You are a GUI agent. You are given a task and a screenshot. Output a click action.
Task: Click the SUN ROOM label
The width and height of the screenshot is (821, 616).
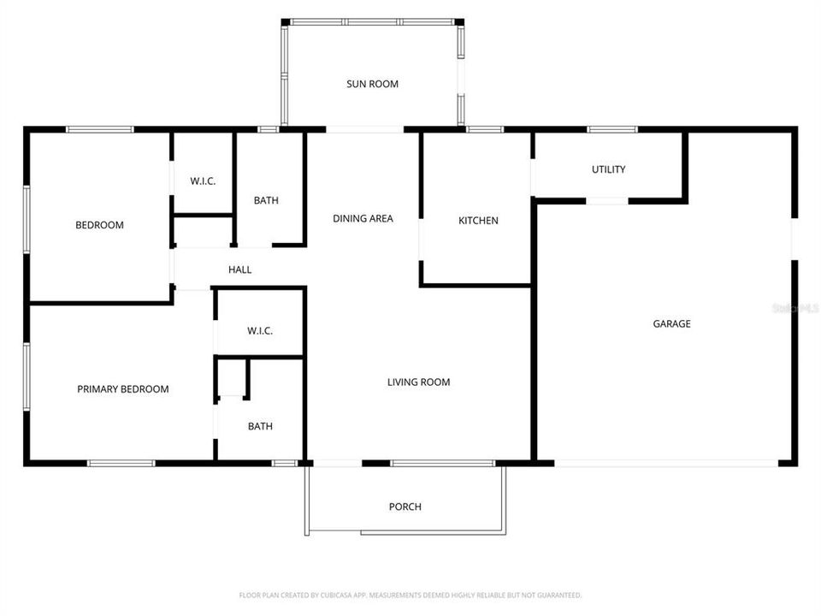[372, 84]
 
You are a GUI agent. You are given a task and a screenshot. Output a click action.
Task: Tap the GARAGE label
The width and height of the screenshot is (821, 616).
[671, 323]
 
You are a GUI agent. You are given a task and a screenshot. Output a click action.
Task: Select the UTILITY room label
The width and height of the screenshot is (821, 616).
[608, 169]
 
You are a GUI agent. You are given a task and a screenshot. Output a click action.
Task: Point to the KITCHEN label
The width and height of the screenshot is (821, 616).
[478, 221]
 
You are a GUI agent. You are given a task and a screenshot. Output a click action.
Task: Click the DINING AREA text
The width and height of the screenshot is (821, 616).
[363, 218]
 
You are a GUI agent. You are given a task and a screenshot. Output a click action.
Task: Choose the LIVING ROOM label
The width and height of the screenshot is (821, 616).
[418, 382]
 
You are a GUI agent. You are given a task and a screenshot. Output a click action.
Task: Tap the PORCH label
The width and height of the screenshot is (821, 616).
[405, 506]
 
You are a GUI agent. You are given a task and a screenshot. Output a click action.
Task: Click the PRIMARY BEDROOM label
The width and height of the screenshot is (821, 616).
[122, 388]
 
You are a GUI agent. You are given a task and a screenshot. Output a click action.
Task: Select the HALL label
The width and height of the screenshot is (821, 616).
[239, 269]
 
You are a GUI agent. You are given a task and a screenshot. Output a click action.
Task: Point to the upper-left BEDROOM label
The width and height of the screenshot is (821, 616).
[99, 225]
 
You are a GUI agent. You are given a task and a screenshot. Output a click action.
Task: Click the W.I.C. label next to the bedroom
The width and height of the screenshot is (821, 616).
[203, 181]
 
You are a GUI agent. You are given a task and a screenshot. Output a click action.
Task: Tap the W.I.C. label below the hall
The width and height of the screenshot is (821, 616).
[260, 330]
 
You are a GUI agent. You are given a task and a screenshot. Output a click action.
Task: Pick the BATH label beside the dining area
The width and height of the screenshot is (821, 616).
[266, 200]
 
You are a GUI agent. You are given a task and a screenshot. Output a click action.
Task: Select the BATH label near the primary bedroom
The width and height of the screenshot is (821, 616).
[260, 426]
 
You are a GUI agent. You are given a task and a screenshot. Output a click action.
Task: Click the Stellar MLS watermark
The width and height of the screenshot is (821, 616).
[795, 307]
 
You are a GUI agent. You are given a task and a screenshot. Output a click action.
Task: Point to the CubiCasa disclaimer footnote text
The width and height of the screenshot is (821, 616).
[410, 595]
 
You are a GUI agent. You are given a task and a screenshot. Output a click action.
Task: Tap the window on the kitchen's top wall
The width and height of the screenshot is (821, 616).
[485, 129]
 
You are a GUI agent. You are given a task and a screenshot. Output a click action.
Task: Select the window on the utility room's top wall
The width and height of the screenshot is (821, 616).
[611, 129]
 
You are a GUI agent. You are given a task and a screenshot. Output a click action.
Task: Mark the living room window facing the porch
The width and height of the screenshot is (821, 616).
[442, 463]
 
